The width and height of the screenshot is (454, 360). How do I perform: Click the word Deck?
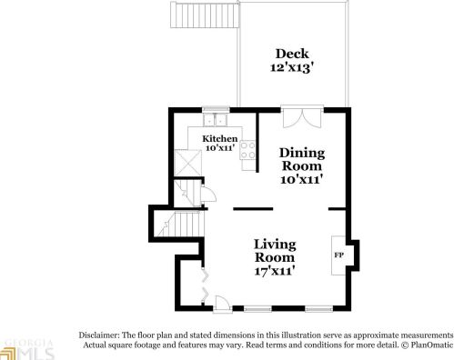[292, 54]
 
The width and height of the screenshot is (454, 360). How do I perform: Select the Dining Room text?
[301, 159]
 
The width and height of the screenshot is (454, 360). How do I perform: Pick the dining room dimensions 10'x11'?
[301, 179]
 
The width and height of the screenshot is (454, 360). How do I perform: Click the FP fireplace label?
[338, 255]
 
